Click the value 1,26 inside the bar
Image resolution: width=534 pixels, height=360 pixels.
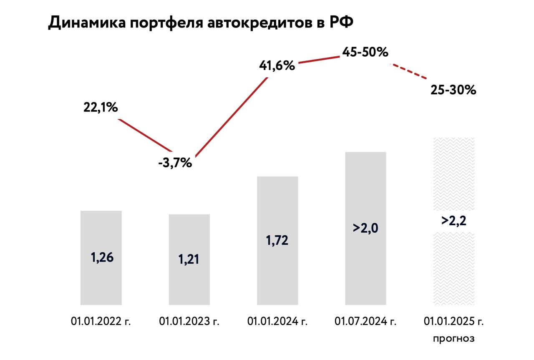tap(102, 257)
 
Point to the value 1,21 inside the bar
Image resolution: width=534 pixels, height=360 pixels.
tap(189, 259)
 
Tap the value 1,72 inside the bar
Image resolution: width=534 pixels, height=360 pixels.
tap(277, 241)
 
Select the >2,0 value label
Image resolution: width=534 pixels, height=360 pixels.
tap(366, 229)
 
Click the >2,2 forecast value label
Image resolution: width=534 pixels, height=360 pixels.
tap(454, 221)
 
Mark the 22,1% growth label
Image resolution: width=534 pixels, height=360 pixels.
tap(101, 108)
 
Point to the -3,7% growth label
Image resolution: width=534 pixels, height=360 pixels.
tap(175, 163)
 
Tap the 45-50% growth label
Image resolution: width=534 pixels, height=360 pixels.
tap(365, 52)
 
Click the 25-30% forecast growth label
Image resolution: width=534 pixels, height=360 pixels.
tap(453, 90)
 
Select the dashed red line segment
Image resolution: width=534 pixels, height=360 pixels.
tap(409, 72)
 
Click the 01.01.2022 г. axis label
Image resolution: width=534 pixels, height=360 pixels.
tap(101, 322)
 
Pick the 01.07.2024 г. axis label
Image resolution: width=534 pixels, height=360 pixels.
tap(366, 322)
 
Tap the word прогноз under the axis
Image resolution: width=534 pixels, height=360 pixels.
tap(454, 338)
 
